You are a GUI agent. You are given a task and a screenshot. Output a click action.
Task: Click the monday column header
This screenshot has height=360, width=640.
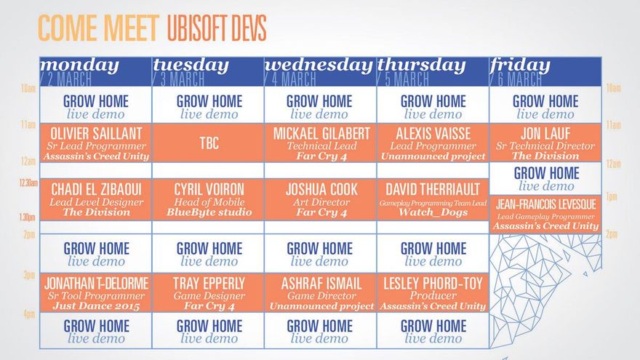click(x=95, y=71)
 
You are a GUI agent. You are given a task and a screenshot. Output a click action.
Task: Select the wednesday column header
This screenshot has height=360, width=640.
click(x=321, y=71)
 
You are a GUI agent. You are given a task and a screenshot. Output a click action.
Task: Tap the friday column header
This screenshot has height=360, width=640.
click(x=545, y=71)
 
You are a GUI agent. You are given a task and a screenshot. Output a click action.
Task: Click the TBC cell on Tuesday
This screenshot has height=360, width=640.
click(x=208, y=143)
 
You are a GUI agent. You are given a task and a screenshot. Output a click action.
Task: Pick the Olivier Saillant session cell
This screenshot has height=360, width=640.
click(x=95, y=143)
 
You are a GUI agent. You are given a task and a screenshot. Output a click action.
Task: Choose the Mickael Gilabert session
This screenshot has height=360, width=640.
click(x=321, y=143)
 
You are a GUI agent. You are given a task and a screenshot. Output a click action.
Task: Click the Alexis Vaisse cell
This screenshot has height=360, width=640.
click(x=433, y=143)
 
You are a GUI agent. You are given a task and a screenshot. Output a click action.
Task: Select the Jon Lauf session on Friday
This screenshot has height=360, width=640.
click(x=545, y=143)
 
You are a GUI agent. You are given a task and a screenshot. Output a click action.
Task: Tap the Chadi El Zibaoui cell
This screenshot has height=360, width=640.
click(x=95, y=199)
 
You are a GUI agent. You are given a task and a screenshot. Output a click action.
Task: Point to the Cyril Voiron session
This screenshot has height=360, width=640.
click(x=208, y=199)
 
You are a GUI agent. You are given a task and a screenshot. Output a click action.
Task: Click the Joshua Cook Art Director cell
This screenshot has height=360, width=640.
click(x=321, y=199)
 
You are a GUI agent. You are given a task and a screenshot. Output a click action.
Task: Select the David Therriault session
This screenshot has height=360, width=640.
click(x=433, y=199)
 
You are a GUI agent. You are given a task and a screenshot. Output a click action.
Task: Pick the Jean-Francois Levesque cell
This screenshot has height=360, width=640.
click(x=545, y=215)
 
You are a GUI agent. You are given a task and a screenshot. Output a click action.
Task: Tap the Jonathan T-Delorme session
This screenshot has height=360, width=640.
click(x=95, y=292)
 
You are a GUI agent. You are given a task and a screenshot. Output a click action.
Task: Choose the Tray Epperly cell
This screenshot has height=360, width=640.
click(x=208, y=292)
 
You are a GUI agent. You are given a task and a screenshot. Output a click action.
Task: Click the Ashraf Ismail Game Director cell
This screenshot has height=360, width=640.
click(x=321, y=292)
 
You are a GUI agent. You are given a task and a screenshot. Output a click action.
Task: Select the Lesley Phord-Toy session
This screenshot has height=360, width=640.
click(x=433, y=292)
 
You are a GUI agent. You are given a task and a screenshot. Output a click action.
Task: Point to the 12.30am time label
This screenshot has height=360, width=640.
click(x=28, y=183)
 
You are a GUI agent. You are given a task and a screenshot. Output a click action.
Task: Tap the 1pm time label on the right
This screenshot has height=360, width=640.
click(x=612, y=197)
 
